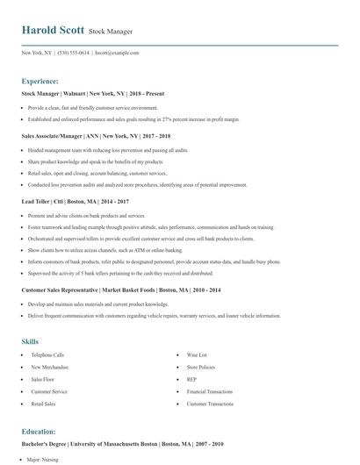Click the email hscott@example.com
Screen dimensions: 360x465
[117, 53]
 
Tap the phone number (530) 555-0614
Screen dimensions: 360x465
[73, 53]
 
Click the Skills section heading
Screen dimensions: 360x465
[30, 340]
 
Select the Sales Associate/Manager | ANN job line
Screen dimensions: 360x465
[85, 137]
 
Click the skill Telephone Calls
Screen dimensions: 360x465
[47, 354]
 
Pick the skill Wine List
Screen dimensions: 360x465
[196, 354]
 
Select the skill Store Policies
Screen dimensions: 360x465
[200, 367]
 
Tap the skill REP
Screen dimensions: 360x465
[191, 379]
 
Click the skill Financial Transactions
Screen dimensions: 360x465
[209, 391]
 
